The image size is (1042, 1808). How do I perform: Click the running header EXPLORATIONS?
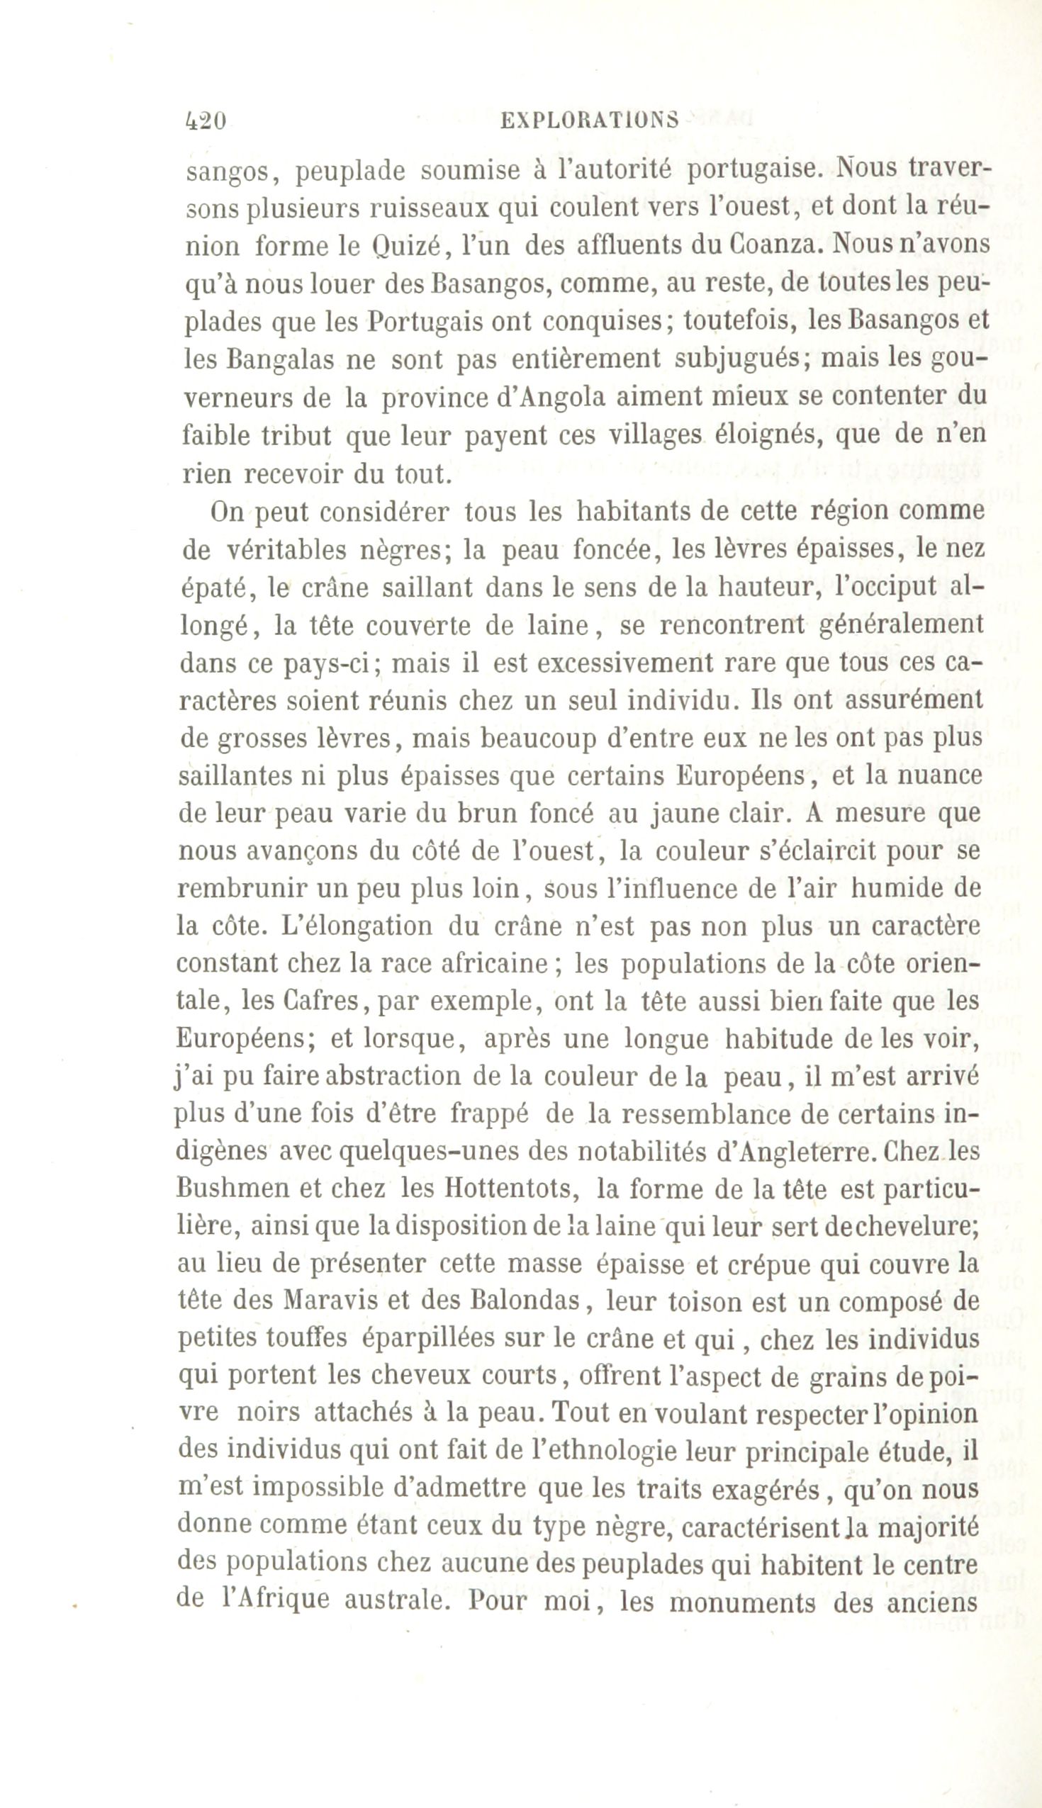click(x=589, y=120)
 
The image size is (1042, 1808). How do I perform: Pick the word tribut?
click(x=296, y=436)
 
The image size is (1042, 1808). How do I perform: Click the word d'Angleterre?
click(x=795, y=1152)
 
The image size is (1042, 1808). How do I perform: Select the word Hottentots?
click(x=506, y=1190)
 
